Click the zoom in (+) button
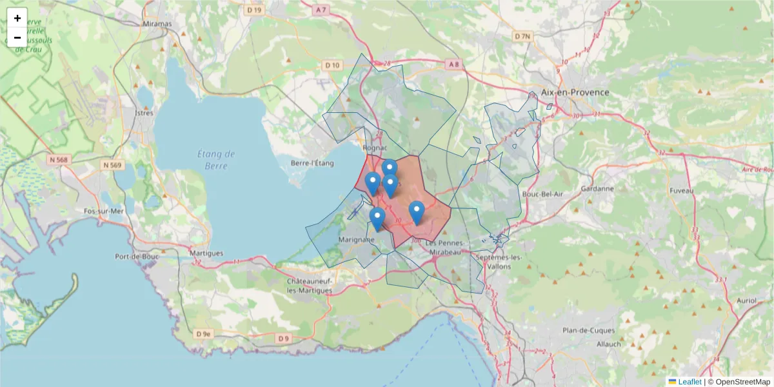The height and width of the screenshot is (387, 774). click(17, 18)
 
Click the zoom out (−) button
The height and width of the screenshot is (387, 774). click(17, 37)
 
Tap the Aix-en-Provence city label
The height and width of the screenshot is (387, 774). click(575, 92)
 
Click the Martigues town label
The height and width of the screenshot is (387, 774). click(206, 253)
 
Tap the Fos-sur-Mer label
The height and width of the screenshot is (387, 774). click(103, 211)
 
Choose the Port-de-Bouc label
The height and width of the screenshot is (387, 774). click(132, 256)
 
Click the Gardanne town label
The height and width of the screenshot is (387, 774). click(597, 189)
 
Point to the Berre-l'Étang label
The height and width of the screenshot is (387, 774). click(312, 163)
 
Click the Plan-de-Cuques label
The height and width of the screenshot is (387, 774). click(588, 330)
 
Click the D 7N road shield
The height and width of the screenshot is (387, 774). click(522, 36)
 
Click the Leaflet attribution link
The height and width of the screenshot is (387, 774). click(689, 382)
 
